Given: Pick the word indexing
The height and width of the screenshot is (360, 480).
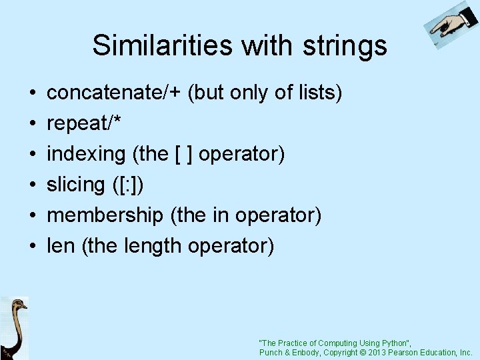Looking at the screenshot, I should [x=86, y=154].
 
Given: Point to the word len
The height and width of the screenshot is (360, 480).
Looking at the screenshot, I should [x=61, y=246].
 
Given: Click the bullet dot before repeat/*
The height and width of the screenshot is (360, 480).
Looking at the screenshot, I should [x=33, y=124].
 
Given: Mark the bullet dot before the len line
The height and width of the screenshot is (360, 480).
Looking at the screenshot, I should [x=33, y=247].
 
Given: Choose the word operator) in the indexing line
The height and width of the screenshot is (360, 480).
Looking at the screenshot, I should [x=242, y=154].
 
